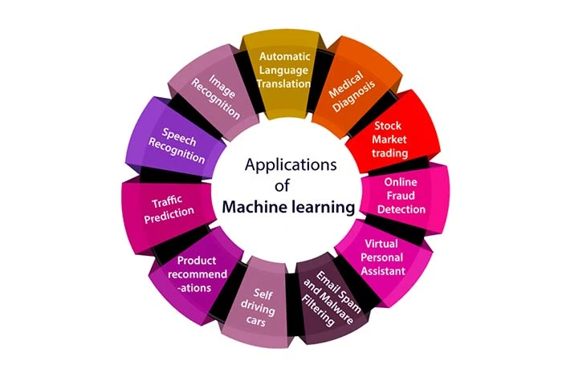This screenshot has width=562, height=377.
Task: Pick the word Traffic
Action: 168,202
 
